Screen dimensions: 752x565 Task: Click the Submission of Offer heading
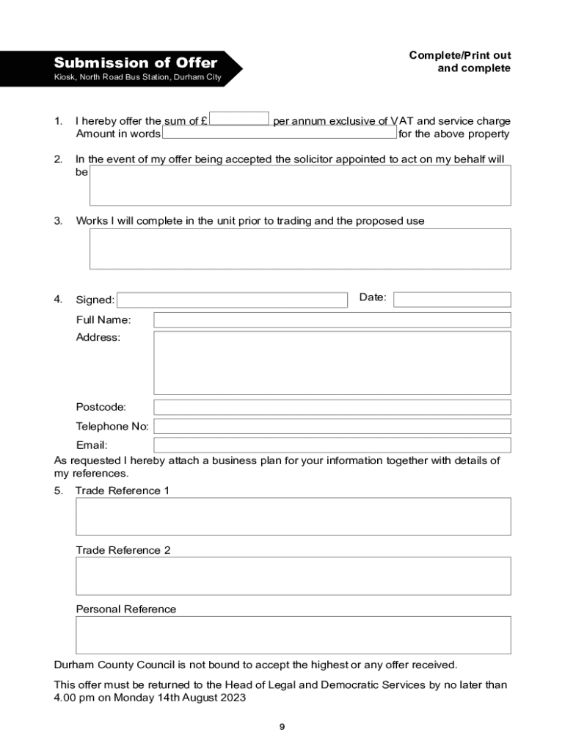click(136, 62)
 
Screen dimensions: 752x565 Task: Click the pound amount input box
click(239, 119)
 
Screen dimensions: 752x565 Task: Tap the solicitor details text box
click(300, 185)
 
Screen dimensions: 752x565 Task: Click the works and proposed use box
click(300, 249)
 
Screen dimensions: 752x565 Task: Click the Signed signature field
click(232, 300)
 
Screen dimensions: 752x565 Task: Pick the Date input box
click(452, 300)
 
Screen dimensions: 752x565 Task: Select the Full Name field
click(332, 320)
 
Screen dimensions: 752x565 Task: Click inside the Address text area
click(332, 363)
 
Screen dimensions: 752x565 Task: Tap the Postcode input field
click(332, 407)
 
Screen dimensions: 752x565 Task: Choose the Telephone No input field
click(332, 427)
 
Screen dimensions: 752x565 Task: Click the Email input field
click(332, 445)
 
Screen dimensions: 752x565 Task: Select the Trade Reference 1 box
click(294, 516)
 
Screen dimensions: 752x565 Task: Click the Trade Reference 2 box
click(294, 576)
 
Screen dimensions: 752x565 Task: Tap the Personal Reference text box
click(294, 635)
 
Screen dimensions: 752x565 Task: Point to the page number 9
click(282, 727)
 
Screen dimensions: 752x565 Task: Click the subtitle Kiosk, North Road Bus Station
click(138, 77)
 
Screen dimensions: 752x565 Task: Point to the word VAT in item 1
click(403, 121)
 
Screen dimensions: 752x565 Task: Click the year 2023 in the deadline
click(232, 698)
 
